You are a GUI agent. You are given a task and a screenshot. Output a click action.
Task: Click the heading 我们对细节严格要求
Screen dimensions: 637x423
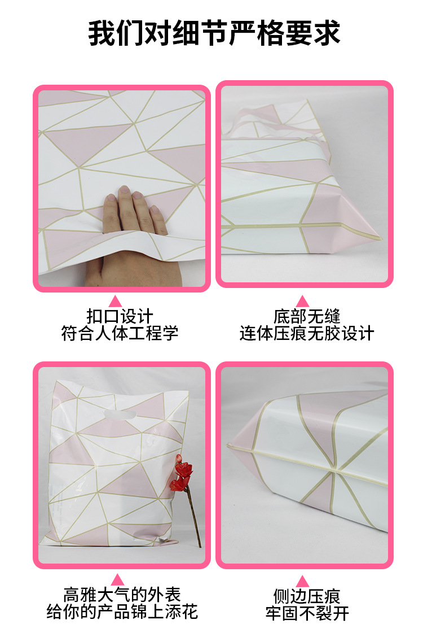(x=214, y=33)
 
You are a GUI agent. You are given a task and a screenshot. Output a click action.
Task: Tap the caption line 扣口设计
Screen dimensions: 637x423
(x=120, y=316)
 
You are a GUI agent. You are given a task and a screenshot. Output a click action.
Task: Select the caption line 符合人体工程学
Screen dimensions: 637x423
(x=120, y=333)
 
